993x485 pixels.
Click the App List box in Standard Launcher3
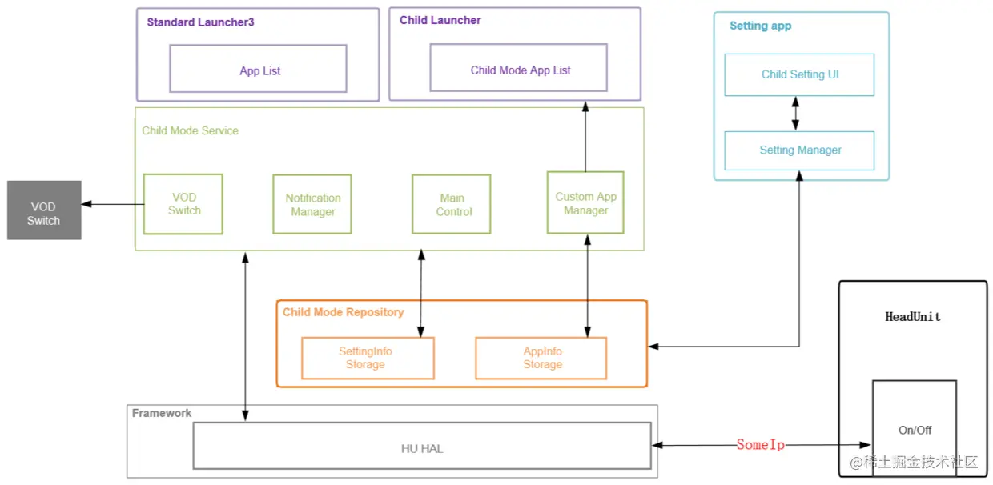[258, 69]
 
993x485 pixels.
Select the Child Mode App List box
[519, 68]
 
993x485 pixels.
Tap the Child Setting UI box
[799, 75]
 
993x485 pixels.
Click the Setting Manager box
[799, 150]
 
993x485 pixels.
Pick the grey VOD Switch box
[44, 210]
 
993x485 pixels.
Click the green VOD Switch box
[183, 204]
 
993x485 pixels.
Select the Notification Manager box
[312, 205]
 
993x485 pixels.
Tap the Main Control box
[452, 205]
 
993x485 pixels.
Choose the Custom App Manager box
[585, 203]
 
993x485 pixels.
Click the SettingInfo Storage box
[368, 358]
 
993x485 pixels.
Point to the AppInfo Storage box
[541, 358]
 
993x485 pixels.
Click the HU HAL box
[422, 446]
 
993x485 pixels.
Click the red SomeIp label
[760, 445]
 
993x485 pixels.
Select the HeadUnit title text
[912, 317]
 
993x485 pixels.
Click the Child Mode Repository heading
[343, 312]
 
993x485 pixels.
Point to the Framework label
[162, 413]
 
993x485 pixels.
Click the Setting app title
[760, 26]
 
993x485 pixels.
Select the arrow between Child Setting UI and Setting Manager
[795, 114]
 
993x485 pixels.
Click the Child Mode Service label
[190, 130]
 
